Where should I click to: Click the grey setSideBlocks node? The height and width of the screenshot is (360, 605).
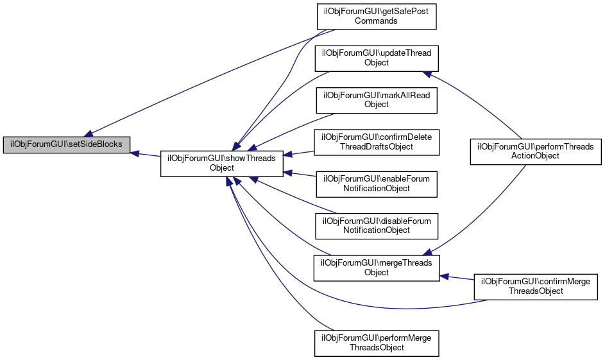point(66,144)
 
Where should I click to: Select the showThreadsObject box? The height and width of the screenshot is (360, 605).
point(221,162)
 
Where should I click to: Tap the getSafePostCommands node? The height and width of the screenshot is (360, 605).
point(376,16)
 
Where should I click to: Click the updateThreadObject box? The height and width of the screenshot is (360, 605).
point(376,58)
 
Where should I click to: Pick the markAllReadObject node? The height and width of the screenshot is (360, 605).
point(376,99)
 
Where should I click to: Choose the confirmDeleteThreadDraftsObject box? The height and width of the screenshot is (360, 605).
point(376,142)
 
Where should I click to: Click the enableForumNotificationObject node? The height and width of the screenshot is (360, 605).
point(376,184)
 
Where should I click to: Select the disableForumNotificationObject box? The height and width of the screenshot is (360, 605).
point(376,225)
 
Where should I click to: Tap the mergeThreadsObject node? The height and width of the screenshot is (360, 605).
point(376,268)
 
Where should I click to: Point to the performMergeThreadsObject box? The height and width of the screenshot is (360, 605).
point(376,343)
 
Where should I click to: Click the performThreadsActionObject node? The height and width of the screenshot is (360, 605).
point(536,151)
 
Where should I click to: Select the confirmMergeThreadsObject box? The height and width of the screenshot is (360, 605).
point(536,286)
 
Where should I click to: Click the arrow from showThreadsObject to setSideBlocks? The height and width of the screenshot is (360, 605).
point(146,155)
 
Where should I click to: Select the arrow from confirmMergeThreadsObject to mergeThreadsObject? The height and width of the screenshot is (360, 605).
point(457,279)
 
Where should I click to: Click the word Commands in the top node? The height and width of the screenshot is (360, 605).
point(376,21)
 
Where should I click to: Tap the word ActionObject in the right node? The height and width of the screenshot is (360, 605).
point(536,155)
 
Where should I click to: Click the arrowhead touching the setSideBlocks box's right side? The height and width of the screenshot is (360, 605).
point(135,153)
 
